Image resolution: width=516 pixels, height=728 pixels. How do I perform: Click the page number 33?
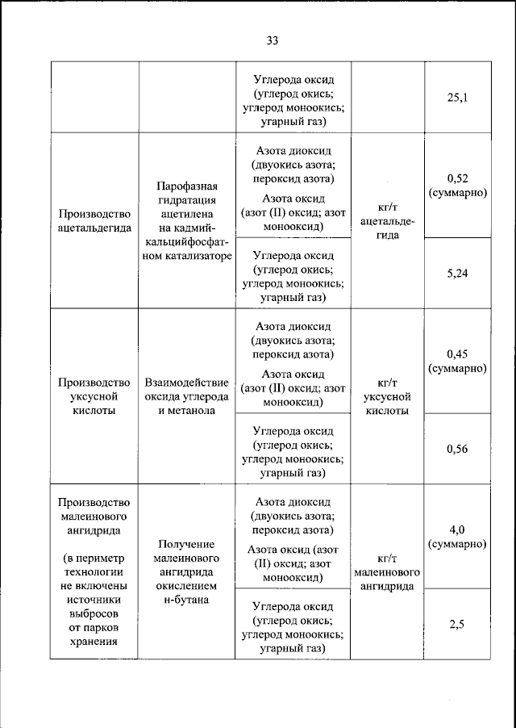pyautogui.click(x=272, y=41)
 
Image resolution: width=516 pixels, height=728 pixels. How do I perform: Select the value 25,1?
pyautogui.click(x=457, y=98)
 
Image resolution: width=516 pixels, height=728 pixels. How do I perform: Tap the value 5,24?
pyautogui.click(x=457, y=273)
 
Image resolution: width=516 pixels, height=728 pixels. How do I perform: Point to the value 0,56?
pyautogui.click(x=457, y=449)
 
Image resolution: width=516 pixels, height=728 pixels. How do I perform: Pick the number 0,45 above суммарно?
pyautogui.click(x=457, y=353)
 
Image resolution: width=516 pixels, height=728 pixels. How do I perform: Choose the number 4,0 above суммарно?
pyautogui.click(x=457, y=529)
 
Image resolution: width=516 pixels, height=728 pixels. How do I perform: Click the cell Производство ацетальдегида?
pyautogui.click(x=94, y=221)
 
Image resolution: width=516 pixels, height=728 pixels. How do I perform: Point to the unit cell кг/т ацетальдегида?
pyautogui.click(x=389, y=221)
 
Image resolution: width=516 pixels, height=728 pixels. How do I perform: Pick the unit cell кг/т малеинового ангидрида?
pyautogui.click(x=389, y=572)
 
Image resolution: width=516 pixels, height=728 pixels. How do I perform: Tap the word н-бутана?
pyautogui.click(x=186, y=601)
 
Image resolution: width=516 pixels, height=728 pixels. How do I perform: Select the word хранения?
pyautogui.click(x=94, y=643)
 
